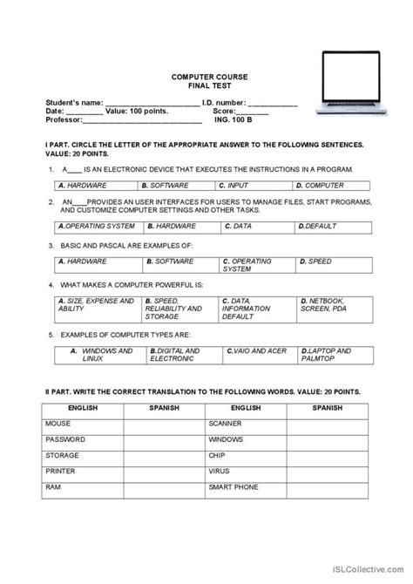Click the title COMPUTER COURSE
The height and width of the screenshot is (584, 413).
click(x=206, y=77)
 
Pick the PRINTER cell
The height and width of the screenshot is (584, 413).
click(x=58, y=472)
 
